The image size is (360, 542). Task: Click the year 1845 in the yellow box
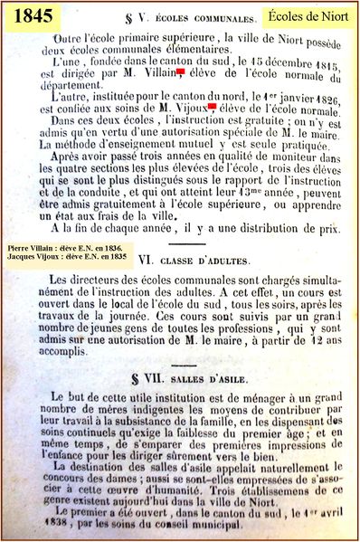pos(33,17)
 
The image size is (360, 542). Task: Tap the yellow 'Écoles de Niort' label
pos(309,16)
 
